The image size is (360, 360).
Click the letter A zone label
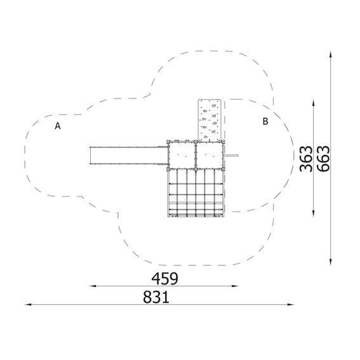[x=58, y=126]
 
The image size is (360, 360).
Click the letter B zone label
[x=265, y=121]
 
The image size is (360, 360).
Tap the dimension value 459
[x=164, y=279]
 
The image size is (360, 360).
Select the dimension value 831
[x=156, y=297]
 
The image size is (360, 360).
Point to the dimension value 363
[x=306, y=159]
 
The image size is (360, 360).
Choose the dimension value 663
[x=323, y=159]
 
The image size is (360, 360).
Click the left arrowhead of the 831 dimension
[x=28, y=305]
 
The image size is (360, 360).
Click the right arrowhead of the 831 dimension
[x=291, y=305]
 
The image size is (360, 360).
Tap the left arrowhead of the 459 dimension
[x=93, y=286]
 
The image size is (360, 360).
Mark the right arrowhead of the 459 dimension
[x=235, y=286]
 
